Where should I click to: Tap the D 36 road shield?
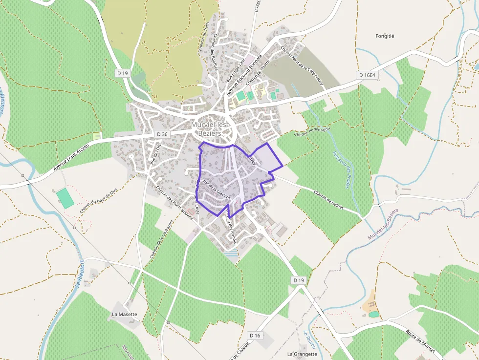[162, 134]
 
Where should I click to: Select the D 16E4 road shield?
[367, 75]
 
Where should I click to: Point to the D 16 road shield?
[255, 336]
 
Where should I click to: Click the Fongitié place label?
[385, 36]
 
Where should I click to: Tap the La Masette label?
[125, 314]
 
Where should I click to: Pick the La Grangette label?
[302, 354]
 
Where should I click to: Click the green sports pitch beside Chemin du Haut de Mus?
[65, 198]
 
